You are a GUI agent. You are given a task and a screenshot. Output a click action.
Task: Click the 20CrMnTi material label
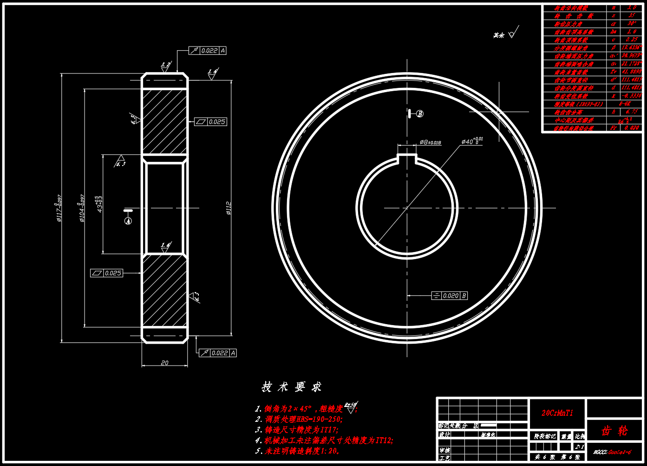click(557, 413)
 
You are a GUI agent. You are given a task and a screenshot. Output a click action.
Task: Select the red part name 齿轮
click(614, 431)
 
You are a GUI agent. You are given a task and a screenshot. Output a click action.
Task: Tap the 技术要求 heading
click(291, 386)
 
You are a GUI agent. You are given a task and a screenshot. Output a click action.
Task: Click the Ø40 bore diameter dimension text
click(472, 141)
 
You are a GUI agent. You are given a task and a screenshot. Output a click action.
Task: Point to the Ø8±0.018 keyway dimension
click(430, 142)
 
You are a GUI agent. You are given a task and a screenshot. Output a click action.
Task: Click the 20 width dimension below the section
click(164, 363)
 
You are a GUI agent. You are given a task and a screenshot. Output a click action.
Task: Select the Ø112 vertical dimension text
click(229, 208)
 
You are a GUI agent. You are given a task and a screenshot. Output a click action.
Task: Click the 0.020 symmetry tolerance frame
click(449, 295)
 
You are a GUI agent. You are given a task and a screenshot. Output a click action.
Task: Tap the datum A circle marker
click(128, 221)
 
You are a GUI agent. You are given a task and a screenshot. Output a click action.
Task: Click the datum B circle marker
click(420, 113)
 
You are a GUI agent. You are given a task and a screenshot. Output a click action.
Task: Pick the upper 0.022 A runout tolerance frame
click(208, 50)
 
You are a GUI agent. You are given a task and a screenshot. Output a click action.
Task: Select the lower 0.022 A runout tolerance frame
click(218, 353)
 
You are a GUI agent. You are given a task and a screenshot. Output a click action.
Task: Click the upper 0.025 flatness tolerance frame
click(210, 122)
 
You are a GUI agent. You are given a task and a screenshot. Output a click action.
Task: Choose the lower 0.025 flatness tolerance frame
click(107, 273)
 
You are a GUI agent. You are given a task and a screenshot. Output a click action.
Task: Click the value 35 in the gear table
click(632, 16)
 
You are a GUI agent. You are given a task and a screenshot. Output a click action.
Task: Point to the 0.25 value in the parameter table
click(632, 40)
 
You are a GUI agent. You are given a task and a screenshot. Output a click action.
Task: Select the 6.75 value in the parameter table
click(632, 112)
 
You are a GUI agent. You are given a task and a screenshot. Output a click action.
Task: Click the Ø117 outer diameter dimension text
click(59, 208)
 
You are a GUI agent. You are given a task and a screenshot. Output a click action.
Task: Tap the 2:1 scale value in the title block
click(579, 446)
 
